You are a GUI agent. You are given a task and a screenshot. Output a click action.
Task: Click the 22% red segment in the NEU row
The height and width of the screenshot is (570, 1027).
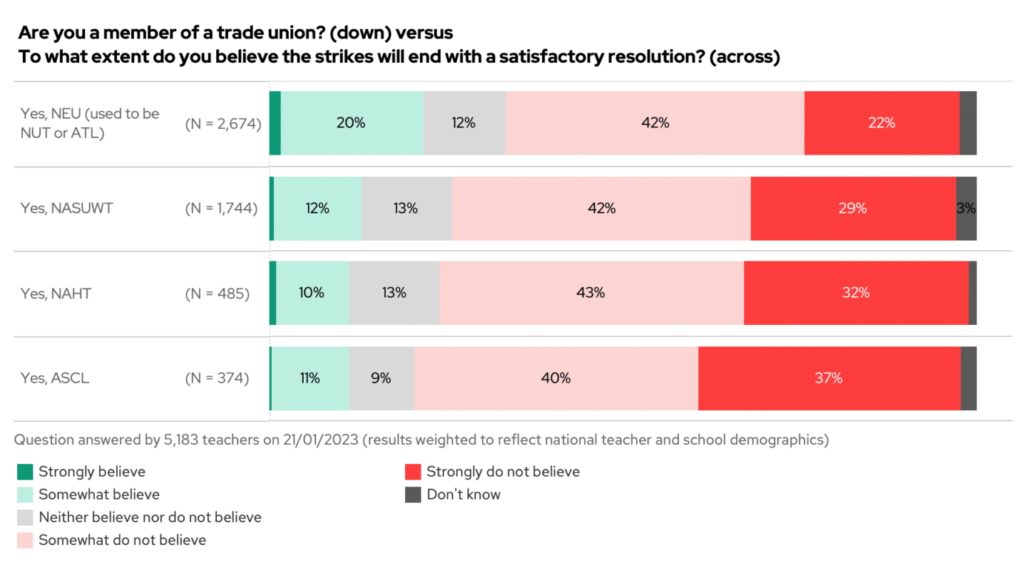pyautogui.click(x=882, y=123)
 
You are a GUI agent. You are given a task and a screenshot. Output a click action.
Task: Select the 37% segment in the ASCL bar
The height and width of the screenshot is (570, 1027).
pyautogui.click(x=829, y=378)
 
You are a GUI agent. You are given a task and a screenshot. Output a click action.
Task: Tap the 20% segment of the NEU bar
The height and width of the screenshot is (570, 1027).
pyautogui.click(x=352, y=123)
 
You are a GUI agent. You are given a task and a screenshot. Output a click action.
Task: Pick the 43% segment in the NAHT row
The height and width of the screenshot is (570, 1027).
pyautogui.click(x=591, y=293)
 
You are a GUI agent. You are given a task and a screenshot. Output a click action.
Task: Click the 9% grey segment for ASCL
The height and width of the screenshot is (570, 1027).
pyautogui.click(x=382, y=378)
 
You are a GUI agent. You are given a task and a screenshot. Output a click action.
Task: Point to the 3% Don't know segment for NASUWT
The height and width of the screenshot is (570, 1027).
pyautogui.click(x=966, y=208)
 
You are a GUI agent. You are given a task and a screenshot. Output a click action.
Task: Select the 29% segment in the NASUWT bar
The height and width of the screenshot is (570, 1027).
pyautogui.click(x=853, y=208)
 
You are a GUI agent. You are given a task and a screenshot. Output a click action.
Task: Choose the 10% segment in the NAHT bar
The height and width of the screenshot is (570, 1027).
pyautogui.click(x=312, y=293)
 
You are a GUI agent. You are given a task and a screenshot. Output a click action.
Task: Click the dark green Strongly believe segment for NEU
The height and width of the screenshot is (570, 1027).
pyautogui.click(x=275, y=123)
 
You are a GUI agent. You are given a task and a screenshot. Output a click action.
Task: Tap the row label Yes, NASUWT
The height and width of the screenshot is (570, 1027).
pyautogui.click(x=67, y=208)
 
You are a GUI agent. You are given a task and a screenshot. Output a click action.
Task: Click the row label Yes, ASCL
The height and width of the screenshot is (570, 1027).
pyautogui.click(x=55, y=378)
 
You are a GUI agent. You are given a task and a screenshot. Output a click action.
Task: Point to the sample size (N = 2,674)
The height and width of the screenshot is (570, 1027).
pyautogui.click(x=223, y=123)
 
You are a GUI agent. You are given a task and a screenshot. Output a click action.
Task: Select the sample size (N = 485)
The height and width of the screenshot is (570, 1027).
pyautogui.click(x=218, y=293)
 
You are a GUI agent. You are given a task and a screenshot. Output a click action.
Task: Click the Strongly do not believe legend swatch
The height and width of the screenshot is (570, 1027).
pyautogui.click(x=413, y=472)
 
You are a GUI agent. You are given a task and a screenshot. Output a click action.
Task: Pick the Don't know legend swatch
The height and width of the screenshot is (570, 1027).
pyautogui.click(x=413, y=494)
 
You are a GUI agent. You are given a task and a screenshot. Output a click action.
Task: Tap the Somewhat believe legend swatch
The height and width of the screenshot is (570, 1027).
pyautogui.click(x=25, y=494)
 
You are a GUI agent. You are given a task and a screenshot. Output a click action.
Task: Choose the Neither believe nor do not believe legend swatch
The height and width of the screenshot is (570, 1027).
pyautogui.click(x=25, y=517)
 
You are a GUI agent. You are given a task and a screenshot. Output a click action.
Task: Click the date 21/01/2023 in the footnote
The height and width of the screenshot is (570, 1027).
pyautogui.click(x=320, y=440)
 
